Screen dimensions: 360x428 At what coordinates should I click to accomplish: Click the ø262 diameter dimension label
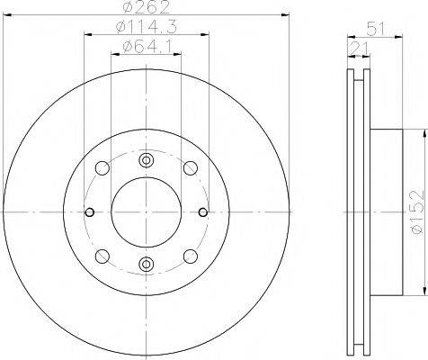146,9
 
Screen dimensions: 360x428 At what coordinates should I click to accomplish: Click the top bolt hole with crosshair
146,161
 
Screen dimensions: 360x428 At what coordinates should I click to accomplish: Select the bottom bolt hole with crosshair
146,264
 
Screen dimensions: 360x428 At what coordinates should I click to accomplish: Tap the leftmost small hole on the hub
90,213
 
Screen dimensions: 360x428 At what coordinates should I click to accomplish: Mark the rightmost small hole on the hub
201,213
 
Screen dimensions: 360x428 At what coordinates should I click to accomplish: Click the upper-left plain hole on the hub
102,168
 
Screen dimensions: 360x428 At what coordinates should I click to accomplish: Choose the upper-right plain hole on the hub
190,168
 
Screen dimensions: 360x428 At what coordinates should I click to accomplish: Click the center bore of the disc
146,212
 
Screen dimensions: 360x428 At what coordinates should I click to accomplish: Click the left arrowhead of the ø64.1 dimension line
113,54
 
